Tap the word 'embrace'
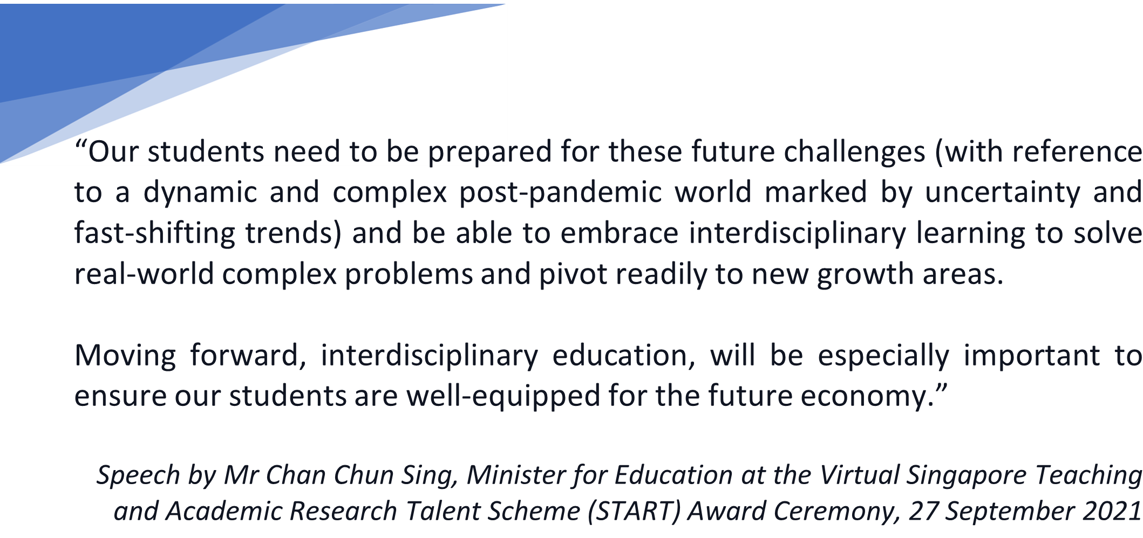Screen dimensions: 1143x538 619,233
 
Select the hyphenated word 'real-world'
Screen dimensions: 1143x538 144,274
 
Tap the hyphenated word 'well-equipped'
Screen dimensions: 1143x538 504,397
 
